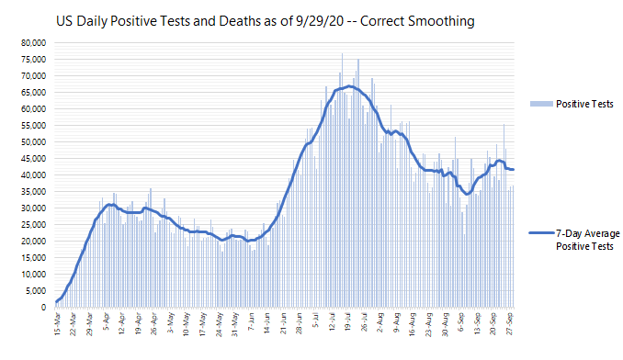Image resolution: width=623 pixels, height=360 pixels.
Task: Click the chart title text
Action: (265, 21)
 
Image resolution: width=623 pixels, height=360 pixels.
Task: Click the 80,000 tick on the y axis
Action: (34, 43)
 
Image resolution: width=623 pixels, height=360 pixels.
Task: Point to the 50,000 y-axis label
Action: (34, 142)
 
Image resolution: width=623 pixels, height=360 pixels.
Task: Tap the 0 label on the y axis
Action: (43, 308)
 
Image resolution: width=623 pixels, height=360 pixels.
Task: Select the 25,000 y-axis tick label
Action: (34, 225)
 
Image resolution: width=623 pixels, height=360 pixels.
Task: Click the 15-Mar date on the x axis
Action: (57, 324)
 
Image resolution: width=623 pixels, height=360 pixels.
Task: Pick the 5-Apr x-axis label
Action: (106, 322)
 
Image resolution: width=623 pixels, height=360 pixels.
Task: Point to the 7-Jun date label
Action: (251, 322)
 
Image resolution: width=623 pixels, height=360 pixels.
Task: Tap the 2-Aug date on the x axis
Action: (380, 322)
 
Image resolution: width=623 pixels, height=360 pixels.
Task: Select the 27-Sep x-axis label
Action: (510, 324)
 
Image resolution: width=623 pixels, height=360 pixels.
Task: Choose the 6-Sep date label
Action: (461, 322)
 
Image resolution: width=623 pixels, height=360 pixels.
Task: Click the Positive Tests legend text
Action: (584, 104)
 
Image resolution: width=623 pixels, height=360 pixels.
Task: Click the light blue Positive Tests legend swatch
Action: (541, 104)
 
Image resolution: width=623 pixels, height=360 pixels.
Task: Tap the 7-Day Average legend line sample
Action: (541, 233)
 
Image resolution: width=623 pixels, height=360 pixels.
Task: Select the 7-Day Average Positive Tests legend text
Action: (588, 240)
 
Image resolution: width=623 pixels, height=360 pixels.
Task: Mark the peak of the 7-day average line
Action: (348, 85)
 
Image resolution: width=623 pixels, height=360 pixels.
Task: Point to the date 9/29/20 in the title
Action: (320, 21)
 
